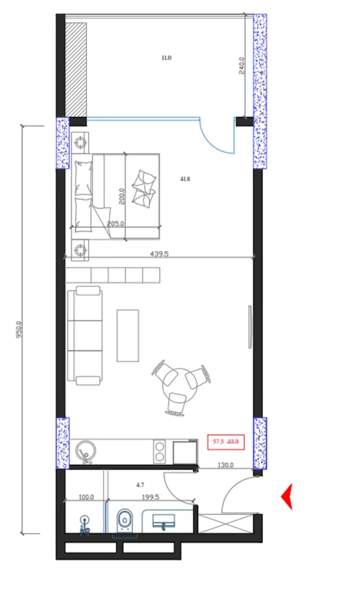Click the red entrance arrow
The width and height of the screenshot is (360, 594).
click(x=286, y=497)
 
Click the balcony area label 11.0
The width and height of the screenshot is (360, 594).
click(x=166, y=57)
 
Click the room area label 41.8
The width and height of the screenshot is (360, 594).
click(x=185, y=179)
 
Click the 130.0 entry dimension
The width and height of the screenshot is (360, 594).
click(x=225, y=465)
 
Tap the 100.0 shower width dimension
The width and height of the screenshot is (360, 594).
click(x=86, y=497)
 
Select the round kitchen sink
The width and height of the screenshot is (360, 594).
click(x=86, y=450)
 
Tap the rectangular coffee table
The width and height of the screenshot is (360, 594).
click(x=128, y=335)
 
